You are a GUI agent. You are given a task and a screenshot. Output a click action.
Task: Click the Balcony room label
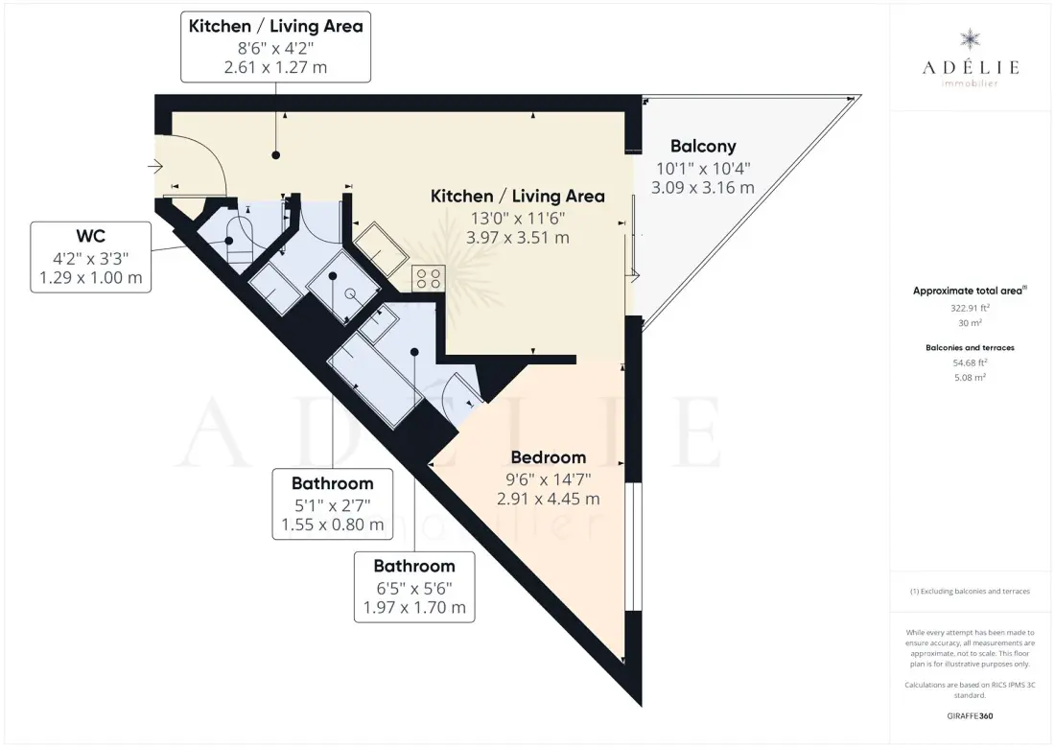click(703, 146)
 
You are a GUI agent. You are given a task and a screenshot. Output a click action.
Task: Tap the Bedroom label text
click(549, 457)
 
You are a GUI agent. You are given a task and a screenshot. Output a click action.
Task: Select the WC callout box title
click(91, 236)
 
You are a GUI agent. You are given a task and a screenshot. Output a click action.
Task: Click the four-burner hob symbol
click(429, 278)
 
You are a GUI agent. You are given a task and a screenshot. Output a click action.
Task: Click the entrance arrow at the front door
click(155, 166)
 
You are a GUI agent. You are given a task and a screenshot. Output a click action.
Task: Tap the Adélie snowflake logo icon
click(971, 39)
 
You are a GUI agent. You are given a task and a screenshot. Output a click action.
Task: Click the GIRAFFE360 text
click(970, 716)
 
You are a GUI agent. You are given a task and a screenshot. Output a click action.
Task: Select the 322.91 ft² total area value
click(970, 308)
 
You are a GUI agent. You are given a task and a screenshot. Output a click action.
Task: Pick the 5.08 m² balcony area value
click(970, 378)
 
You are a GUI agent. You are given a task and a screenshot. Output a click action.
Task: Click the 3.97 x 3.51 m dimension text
click(517, 238)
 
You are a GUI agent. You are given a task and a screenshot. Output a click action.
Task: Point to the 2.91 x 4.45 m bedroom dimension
click(549, 499)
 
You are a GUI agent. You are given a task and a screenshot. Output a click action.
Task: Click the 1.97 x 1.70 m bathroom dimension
click(414, 608)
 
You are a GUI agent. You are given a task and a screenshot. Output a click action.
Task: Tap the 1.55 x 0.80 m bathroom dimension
click(333, 525)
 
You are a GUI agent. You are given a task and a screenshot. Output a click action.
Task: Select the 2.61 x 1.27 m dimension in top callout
click(276, 67)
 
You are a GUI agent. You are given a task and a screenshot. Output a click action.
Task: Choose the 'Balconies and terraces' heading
click(970, 348)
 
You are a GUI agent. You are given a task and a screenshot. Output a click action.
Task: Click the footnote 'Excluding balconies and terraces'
click(970, 592)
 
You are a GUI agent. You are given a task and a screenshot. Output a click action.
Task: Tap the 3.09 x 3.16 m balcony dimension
click(703, 188)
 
